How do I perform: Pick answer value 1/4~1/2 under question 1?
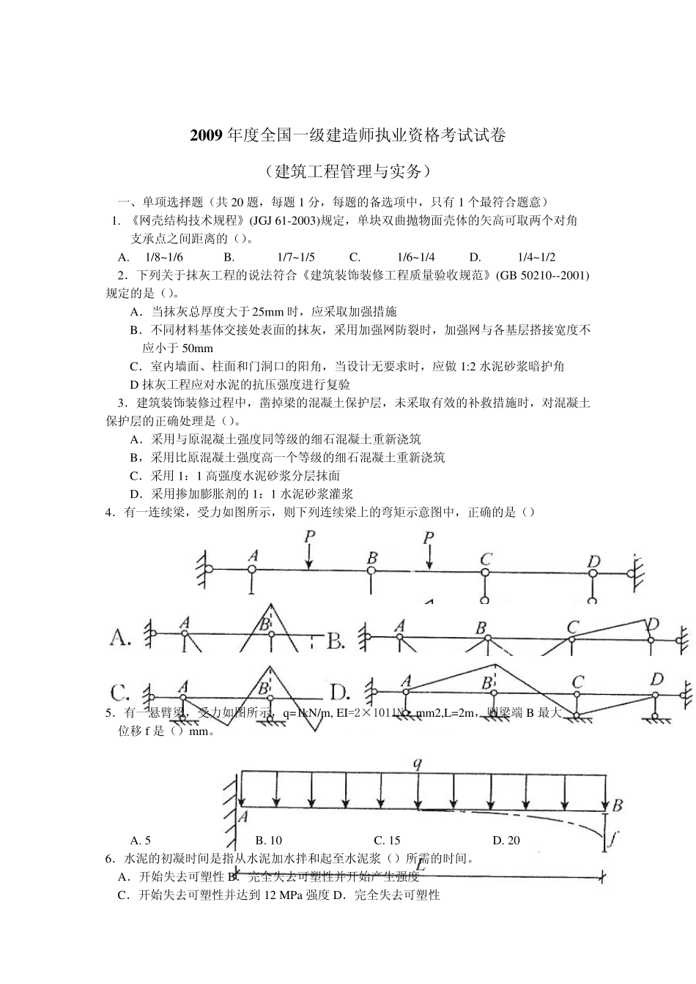pos(536,257)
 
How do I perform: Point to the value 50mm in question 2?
pos(197,348)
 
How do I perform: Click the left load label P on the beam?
pos(310,537)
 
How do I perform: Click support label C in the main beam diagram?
pos(485,559)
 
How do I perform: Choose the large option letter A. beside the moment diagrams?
pos(122,638)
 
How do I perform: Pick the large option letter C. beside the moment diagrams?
pos(121,692)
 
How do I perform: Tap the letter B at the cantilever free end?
pos(617,805)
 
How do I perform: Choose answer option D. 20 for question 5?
pos(506,840)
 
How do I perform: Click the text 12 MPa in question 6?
pos(279,895)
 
